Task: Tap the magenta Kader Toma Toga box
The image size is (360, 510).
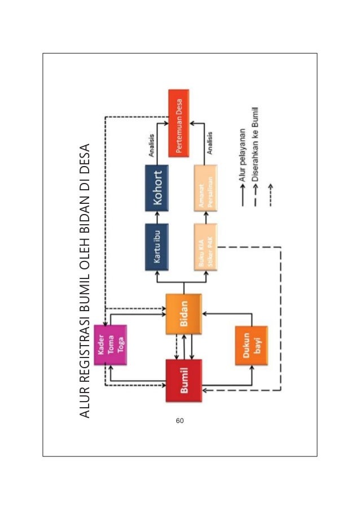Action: (111, 345)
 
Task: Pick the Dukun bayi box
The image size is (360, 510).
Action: (252, 345)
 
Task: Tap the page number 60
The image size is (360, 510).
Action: (179, 420)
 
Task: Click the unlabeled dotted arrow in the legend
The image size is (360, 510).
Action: (270, 195)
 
